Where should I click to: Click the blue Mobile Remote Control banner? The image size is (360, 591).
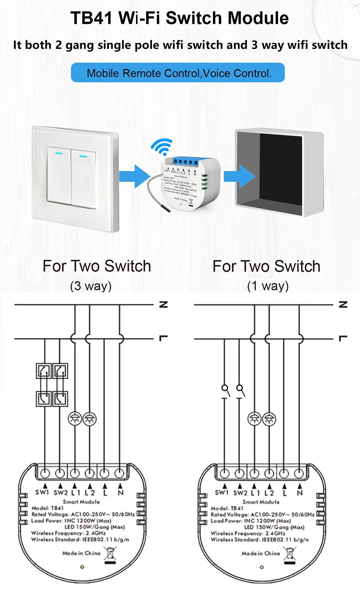tap(178, 73)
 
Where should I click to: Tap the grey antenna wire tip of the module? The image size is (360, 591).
tap(166, 209)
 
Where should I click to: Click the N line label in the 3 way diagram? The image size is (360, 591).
tap(163, 304)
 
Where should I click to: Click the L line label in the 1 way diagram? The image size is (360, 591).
tap(343, 338)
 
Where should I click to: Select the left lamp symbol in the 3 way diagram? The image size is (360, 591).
tap(75, 419)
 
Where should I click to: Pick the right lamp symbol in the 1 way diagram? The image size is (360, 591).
tap(269, 419)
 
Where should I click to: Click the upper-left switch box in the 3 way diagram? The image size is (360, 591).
tap(44, 371)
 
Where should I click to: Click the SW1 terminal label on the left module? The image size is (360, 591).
tap(42, 492)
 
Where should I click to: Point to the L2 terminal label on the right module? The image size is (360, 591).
tap(269, 493)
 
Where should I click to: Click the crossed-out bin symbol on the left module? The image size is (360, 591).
tap(110, 554)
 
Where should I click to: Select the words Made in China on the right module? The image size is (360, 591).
tap(261, 553)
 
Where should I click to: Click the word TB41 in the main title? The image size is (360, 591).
tap(91, 18)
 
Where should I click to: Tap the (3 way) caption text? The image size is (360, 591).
tap(91, 286)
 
